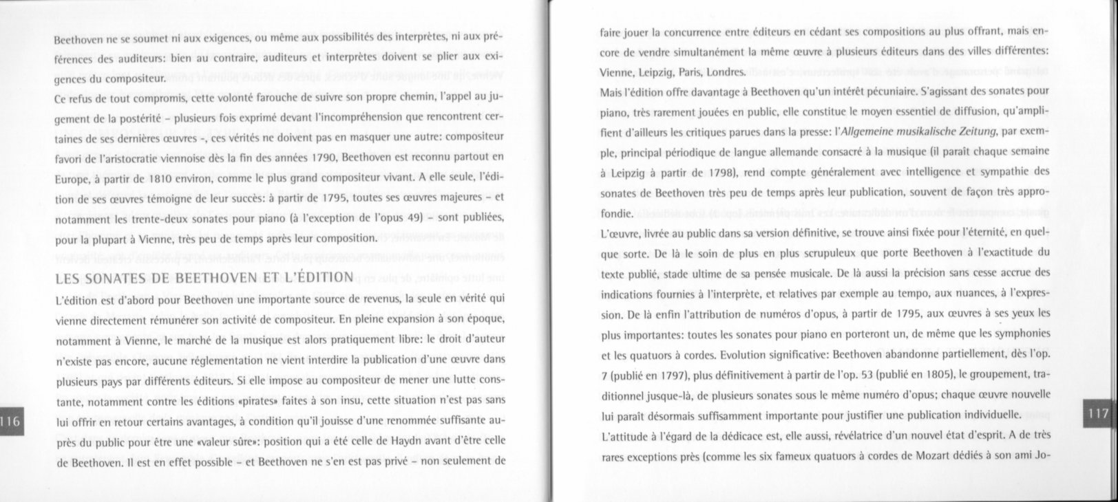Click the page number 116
(11, 422)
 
